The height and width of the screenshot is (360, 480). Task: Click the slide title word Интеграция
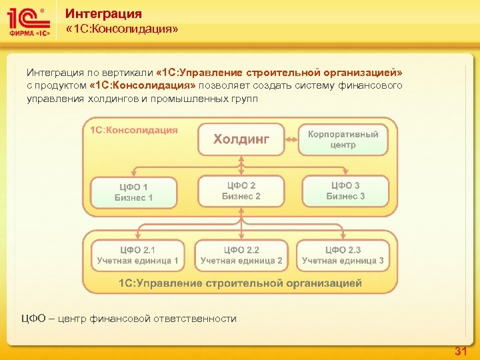[x=103, y=14]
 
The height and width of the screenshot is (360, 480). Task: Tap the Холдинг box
[x=241, y=139]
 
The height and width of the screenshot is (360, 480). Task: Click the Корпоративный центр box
[x=343, y=139]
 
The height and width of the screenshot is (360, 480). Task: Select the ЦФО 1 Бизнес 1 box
[x=133, y=192]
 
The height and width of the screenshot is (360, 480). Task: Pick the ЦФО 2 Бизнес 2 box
[x=241, y=191]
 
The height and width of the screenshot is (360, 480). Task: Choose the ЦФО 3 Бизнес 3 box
[x=345, y=191]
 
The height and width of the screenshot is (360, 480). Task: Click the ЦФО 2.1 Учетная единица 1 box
[x=137, y=255]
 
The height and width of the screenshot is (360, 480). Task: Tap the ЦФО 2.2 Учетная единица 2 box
[x=241, y=255]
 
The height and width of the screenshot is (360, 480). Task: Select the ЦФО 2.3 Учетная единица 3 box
[x=343, y=255]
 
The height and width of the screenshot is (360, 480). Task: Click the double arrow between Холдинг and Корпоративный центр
[x=291, y=139]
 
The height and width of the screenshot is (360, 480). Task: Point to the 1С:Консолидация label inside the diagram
[x=134, y=130]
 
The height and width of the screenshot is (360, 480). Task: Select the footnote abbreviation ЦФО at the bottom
[x=33, y=319]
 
